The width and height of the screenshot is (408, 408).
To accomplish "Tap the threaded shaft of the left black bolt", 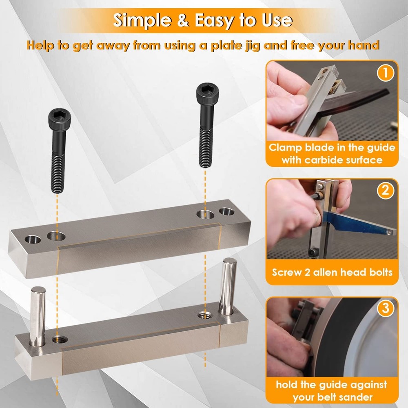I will pyautogui.click(x=57, y=167).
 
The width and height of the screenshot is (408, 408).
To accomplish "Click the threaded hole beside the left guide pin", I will pyautogui.click(x=60, y=339).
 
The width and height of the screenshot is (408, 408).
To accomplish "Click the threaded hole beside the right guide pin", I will pyautogui.click(x=203, y=315).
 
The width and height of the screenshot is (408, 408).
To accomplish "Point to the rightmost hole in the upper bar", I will pyautogui.click(x=225, y=212).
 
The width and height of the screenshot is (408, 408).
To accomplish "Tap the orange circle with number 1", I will pyautogui.click(x=384, y=74).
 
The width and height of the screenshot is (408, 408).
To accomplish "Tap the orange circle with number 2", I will pyautogui.click(x=384, y=190).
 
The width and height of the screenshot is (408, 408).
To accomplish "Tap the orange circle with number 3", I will pyautogui.click(x=384, y=309).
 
